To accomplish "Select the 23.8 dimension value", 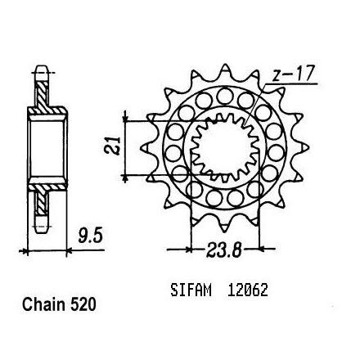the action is pos(223,250).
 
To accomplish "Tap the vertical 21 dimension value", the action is pos(112,146).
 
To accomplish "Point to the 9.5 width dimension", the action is pos(90,236).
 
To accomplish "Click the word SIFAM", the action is pos(191,290).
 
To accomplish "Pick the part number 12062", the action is pos(247,290).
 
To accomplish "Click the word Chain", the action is pos(44,304).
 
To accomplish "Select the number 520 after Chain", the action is pos(83,304).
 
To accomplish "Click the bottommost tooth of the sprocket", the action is pos(225,227).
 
